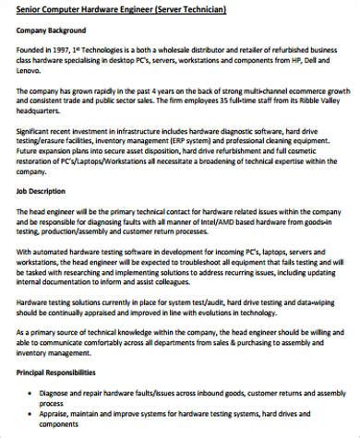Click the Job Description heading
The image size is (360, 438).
[x=42, y=192]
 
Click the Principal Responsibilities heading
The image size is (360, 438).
[x=57, y=373]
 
